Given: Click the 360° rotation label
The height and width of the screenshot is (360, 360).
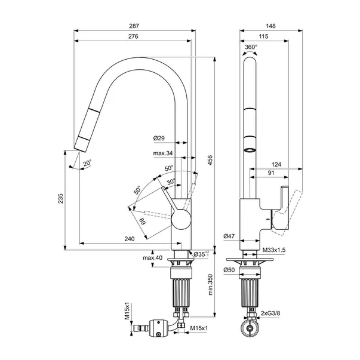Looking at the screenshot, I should (x=251, y=47).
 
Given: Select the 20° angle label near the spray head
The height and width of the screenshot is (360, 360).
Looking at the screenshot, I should (x=88, y=163).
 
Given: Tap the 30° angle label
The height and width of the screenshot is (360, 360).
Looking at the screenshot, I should (x=171, y=182).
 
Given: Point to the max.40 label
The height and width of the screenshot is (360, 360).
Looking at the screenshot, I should (x=152, y=258).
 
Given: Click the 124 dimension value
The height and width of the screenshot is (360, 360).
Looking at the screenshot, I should (x=276, y=164).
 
